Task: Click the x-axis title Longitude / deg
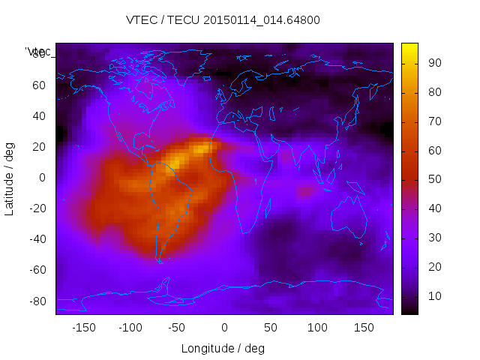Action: [223, 349]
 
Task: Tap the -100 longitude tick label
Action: [130, 328]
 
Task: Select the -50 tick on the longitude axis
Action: [177, 328]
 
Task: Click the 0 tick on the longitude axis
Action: [224, 328]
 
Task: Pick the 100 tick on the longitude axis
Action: [317, 328]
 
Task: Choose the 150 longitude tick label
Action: [364, 328]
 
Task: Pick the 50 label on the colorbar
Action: [434, 181]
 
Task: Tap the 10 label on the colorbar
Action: [434, 297]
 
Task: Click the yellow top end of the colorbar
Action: [409, 47]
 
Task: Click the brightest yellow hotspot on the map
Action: [174, 160]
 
